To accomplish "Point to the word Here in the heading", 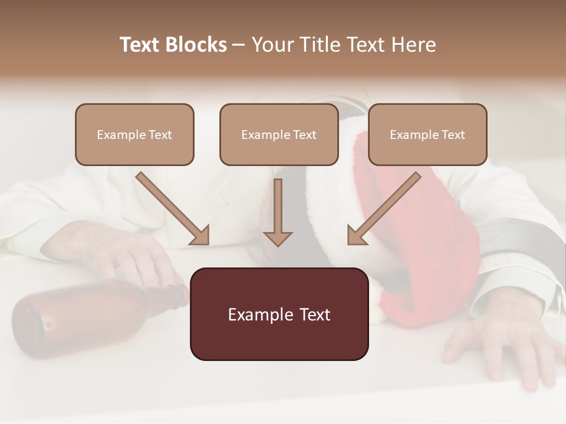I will [413, 45].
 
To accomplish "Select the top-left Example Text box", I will [134, 135].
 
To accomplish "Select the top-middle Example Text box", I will [279, 135].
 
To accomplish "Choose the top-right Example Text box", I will [427, 135].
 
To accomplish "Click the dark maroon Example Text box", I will [279, 314].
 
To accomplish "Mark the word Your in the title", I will [273, 45].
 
